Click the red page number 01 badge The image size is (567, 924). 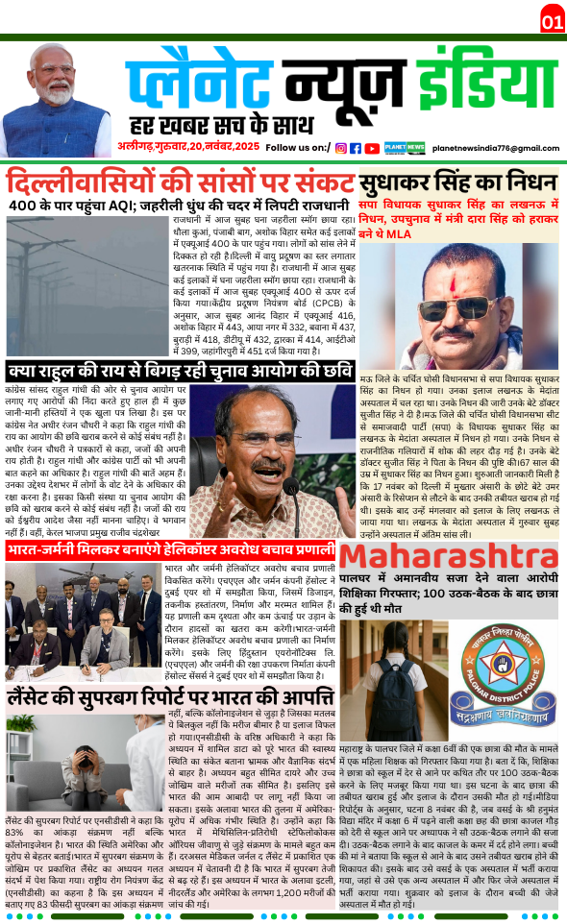pyautogui.click(x=552, y=20)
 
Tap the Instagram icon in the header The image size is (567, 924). pyautogui.click(x=341, y=148)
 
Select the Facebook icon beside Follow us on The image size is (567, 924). pyautogui.click(x=356, y=148)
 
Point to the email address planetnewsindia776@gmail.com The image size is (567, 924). pyautogui.click(x=495, y=148)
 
